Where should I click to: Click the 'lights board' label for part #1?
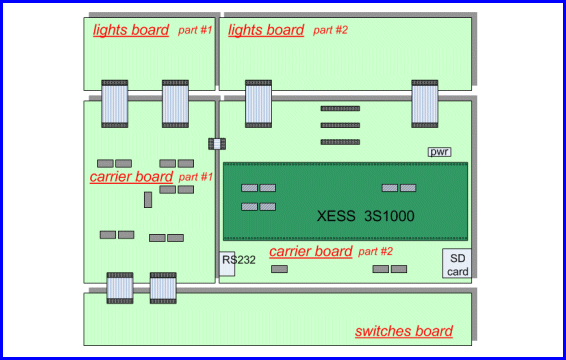(x=131, y=30)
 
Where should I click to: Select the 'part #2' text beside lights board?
(x=330, y=30)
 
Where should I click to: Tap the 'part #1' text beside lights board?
(x=195, y=30)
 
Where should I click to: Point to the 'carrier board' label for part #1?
(x=131, y=177)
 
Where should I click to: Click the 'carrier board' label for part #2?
(x=310, y=251)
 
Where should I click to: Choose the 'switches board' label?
(x=404, y=331)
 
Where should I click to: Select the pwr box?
(x=439, y=152)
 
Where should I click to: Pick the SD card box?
(x=457, y=264)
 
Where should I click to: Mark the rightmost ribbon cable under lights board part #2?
(x=425, y=105)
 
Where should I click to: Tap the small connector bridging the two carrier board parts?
(x=217, y=144)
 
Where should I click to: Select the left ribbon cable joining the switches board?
(x=120, y=288)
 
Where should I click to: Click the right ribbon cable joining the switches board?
(x=163, y=288)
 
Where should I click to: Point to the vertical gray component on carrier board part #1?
(x=148, y=200)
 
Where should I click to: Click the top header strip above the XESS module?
(x=340, y=108)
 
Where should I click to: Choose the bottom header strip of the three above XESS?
(x=340, y=142)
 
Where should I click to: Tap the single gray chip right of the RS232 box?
(x=279, y=269)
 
